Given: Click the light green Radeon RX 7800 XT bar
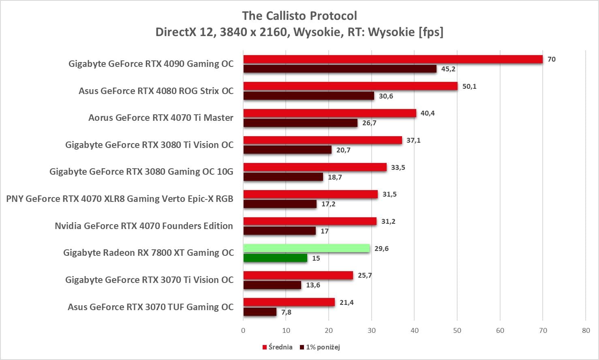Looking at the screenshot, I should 306,249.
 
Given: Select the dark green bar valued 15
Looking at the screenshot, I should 275,258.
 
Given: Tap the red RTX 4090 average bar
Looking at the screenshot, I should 393,59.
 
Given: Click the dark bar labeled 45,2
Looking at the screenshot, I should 340,69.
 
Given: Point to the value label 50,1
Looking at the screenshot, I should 469,86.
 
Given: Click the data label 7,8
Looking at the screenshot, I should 286,312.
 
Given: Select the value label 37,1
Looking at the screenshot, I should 413,140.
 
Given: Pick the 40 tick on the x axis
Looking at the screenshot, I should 414,330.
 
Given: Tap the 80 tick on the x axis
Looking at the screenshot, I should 586,330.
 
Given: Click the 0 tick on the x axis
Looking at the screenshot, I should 243,330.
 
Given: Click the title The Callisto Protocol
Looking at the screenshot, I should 299,16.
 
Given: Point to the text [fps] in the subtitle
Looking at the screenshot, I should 431,32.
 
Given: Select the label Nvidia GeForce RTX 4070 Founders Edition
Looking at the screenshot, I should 144,226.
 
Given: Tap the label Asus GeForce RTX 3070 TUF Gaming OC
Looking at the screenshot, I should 150,307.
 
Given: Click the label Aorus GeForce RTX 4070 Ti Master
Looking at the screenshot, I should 161,118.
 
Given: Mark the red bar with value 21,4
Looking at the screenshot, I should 289,302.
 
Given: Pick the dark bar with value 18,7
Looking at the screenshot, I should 283,177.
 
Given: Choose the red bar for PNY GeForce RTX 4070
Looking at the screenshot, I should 310,194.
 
